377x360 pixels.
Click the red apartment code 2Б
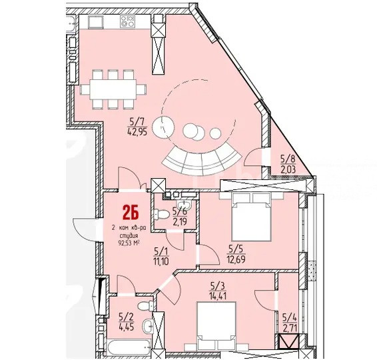[131, 213]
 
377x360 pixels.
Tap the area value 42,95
[138, 132]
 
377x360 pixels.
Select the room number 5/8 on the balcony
[288, 159]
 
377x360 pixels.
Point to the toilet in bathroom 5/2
[145, 307]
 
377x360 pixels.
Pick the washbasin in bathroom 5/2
[147, 326]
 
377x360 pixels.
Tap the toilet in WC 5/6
[160, 214]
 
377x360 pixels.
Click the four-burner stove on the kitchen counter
[127, 21]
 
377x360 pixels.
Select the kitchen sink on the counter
[96, 22]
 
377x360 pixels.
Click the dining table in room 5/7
[113, 89]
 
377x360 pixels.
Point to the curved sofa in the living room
[201, 160]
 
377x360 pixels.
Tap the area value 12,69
[236, 260]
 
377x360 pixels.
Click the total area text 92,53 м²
[129, 243]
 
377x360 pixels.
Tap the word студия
[129, 235]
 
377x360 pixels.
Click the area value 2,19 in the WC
[180, 221]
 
